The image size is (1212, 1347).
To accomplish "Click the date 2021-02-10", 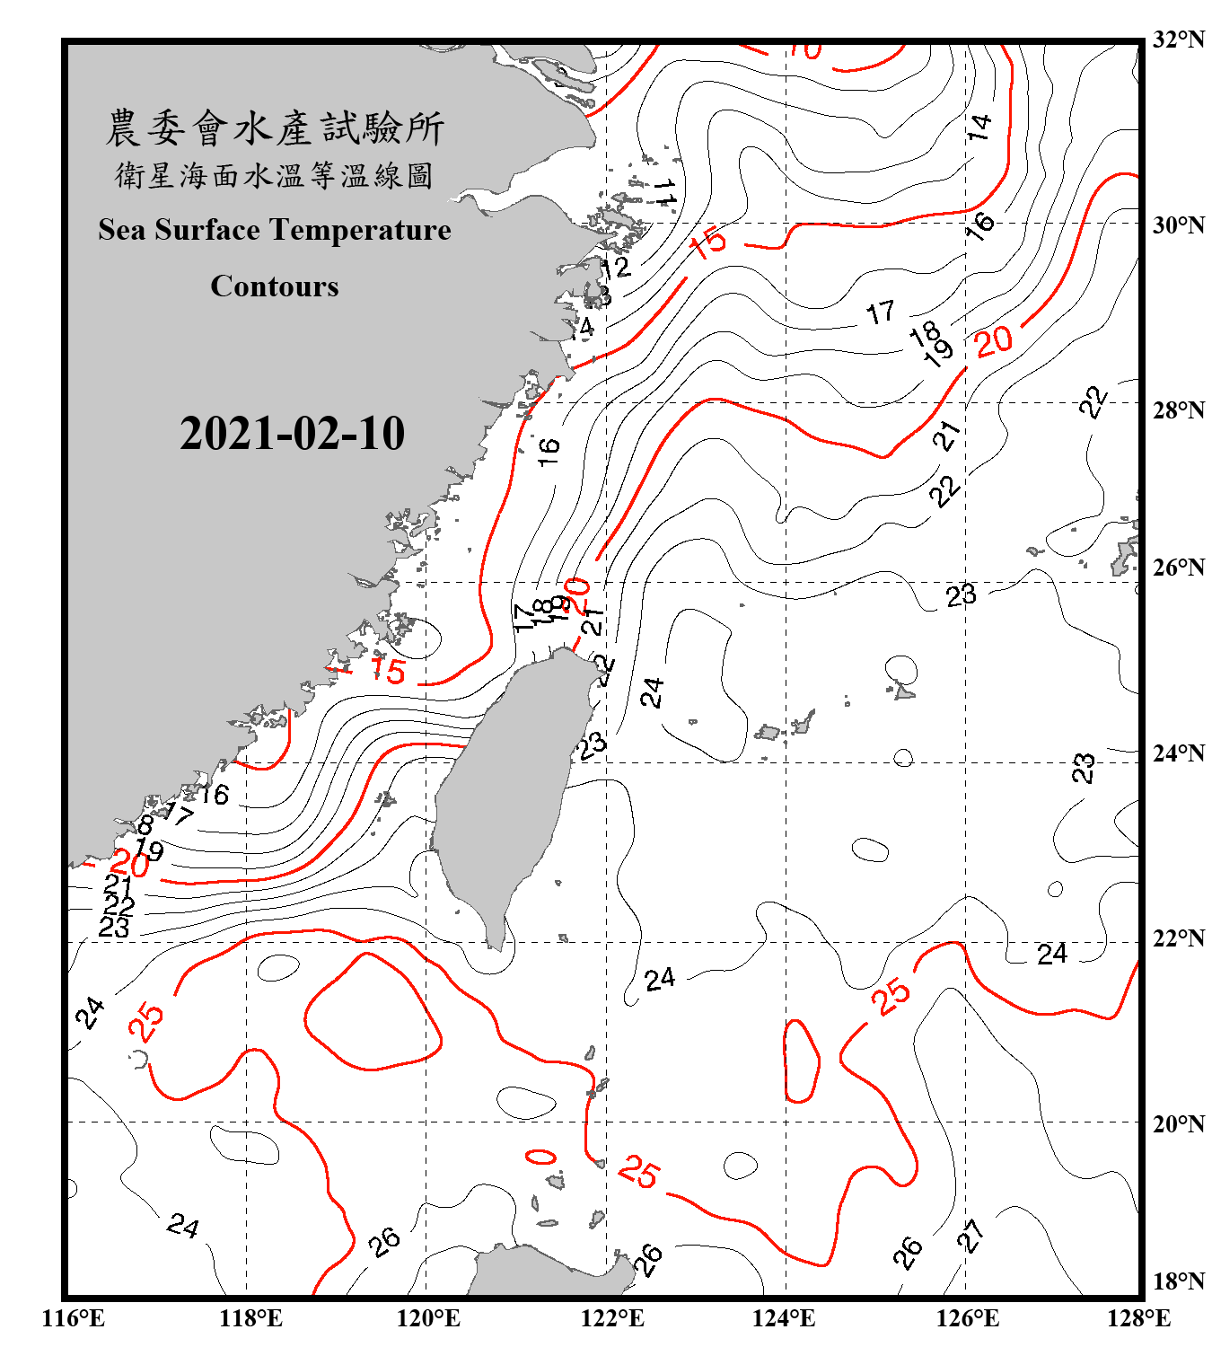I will tap(292, 433).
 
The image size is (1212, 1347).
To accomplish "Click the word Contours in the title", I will tap(274, 286).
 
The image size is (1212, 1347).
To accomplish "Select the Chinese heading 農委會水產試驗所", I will tap(274, 128).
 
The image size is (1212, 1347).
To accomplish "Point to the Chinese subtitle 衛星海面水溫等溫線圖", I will tap(274, 175).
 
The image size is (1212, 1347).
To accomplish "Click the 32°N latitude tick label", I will tap(1178, 39).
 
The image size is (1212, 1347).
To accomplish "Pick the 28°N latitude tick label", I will tap(1178, 409).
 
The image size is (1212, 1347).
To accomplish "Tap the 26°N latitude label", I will tap(1178, 568).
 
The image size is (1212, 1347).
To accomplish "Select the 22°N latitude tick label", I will tap(1178, 938).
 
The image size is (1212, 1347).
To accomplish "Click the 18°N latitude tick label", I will tap(1178, 1281).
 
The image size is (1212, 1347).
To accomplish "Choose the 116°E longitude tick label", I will tap(73, 1317).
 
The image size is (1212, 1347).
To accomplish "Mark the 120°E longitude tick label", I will tap(428, 1317).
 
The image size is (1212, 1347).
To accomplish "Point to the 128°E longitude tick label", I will tap(1138, 1317).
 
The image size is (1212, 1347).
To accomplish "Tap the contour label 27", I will tap(970, 1237).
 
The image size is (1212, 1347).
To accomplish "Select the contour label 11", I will tap(665, 190).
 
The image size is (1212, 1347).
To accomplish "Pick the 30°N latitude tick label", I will tap(1178, 224).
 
